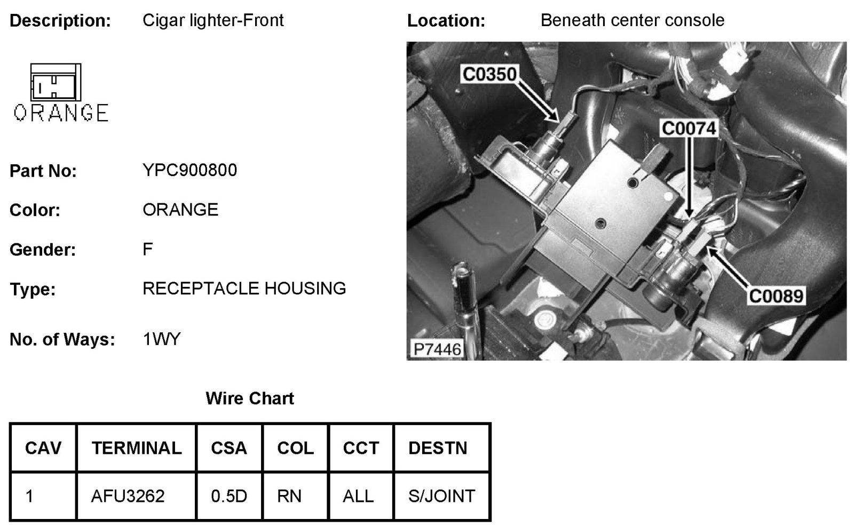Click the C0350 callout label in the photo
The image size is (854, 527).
point(489,74)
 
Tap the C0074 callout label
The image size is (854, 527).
point(689,129)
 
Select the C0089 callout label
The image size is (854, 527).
point(776,296)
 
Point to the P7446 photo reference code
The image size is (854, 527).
point(437,349)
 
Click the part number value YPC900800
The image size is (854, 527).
point(189,170)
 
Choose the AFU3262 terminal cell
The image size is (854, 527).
point(128,496)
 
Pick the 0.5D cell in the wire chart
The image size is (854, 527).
point(229,496)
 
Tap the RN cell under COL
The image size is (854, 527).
point(289,496)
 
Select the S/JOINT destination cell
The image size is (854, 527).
point(441,496)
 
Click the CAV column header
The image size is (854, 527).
point(43,448)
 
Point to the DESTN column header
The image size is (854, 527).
point(438,448)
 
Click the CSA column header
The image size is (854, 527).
point(229,448)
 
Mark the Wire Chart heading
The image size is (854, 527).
point(250,398)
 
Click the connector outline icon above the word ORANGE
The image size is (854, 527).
point(56,82)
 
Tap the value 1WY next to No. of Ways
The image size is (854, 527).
point(162,339)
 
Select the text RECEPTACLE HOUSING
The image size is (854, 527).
point(244,289)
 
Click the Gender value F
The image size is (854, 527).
point(148,249)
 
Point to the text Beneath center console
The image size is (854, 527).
point(632,20)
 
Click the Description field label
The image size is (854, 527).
point(60,21)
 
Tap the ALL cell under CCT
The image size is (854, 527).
point(358,496)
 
